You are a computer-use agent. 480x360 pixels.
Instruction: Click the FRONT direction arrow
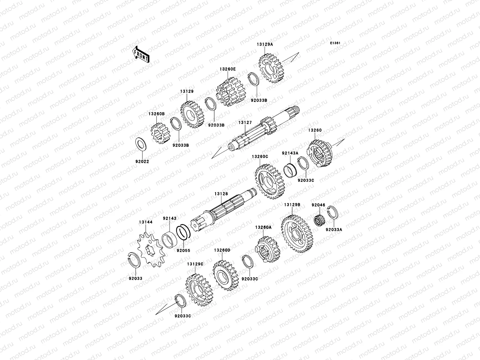click(x=141, y=54)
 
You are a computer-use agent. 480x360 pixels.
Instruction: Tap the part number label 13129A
click(x=265, y=44)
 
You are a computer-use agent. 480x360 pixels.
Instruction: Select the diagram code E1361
click(x=335, y=43)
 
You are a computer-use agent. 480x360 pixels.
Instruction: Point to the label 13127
click(x=245, y=123)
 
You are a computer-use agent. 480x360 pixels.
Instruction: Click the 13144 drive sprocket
click(x=151, y=250)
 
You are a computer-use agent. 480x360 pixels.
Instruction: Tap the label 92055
click(x=184, y=251)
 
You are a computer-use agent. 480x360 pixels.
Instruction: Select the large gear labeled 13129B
click(x=297, y=234)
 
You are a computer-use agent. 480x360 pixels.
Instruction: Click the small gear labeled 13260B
click(x=160, y=133)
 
